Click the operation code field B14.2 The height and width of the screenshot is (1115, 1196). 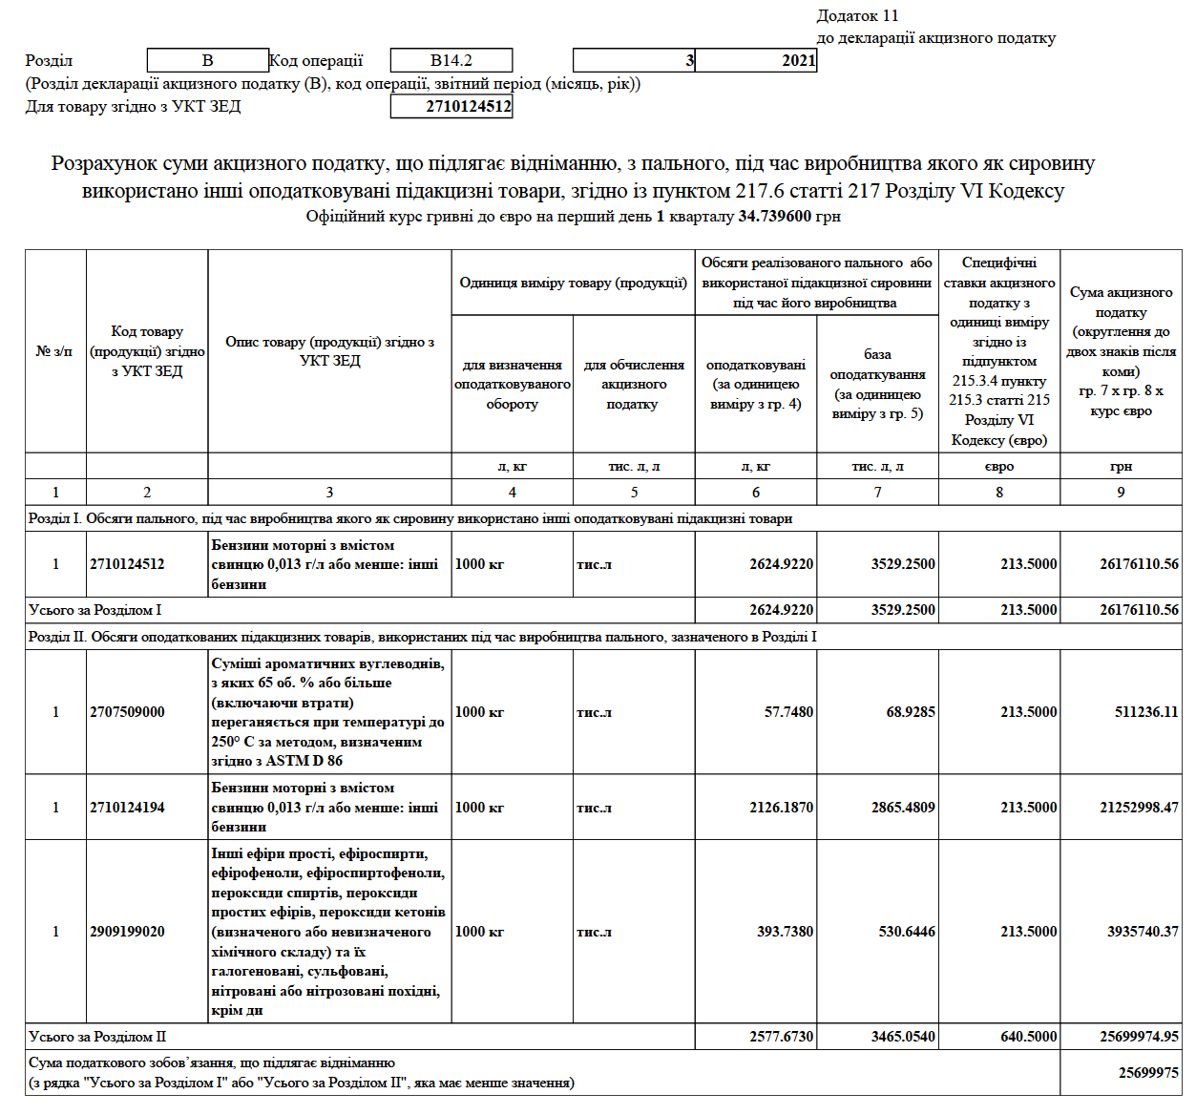pos(451,60)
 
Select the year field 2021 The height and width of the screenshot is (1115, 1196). pos(756,60)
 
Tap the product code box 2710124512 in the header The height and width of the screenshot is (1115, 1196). pos(451,107)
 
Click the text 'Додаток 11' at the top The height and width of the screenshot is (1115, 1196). pos(857,15)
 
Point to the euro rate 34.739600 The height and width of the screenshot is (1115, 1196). pos(774,217)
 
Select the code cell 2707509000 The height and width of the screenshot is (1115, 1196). pos(128,712)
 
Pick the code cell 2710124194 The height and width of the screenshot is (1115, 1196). pos(128,808)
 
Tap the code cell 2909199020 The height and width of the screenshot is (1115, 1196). pos(128,932)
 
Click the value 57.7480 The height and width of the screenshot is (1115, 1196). pos(788,712)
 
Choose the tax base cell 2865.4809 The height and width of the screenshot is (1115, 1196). pos(903,808)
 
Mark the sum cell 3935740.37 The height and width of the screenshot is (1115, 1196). pos(1143,932)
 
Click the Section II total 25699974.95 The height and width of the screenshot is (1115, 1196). pos(1139,1037)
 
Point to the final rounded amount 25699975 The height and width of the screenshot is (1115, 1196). pos(1148,1073)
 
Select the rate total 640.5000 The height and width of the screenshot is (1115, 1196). pos(1028,1037)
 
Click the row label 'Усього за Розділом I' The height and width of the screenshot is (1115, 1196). pos(95,610)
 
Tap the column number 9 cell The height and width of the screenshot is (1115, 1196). pos(1121,493)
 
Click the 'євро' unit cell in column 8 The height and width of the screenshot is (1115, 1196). pos(999,467)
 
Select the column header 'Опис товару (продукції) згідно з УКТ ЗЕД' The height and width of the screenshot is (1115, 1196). pos(329,351)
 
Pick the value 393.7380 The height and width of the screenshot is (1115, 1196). pos(785,932)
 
